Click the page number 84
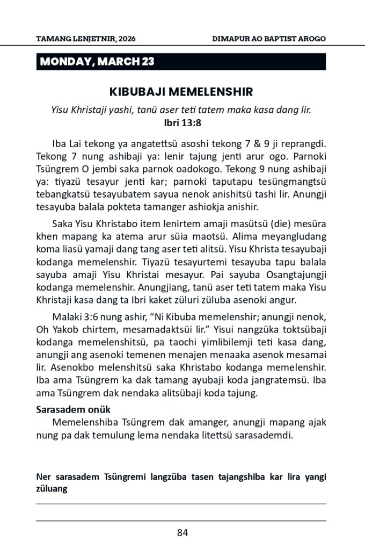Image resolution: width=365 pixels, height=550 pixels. tap(182, 533)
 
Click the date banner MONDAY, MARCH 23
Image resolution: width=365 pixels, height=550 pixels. tap(97, 62)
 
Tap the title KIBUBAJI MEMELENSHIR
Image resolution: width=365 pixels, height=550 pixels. tap(181, 91)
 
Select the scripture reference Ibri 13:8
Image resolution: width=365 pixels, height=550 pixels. tap(181, 122)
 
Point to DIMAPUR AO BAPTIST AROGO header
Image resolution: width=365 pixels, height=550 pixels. tap(269, 39)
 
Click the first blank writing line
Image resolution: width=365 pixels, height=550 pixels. tap(181, 504)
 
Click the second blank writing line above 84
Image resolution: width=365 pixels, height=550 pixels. tap(181, 520)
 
